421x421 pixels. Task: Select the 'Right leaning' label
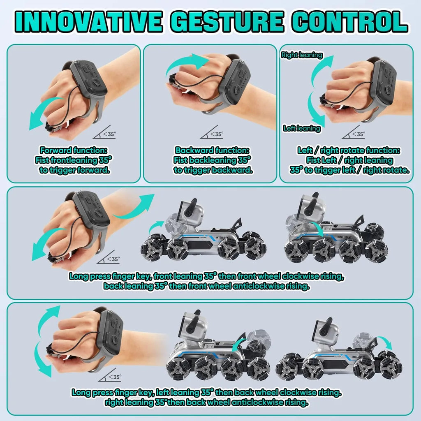[x=301, y=55]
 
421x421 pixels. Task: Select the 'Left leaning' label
[x=302, y=129]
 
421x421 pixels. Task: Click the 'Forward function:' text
[x=74, y=150]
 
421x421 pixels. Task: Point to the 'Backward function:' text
[x=213, y=150]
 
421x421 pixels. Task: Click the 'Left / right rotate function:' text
[x=349, y=150]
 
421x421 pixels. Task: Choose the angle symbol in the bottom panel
[x=111, y=376]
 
